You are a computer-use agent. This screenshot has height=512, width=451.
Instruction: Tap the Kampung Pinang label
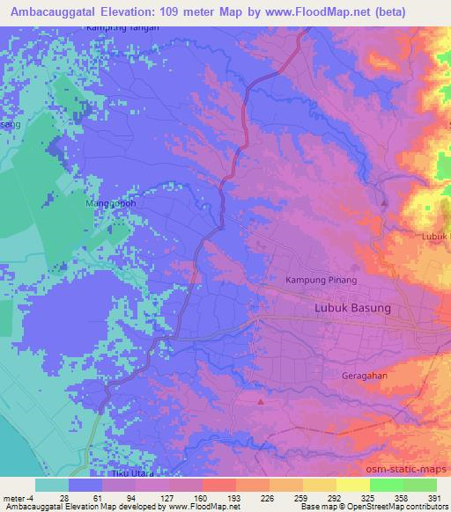tap(320, 281)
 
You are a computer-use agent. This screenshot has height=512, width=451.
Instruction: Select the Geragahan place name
tap(365, 375)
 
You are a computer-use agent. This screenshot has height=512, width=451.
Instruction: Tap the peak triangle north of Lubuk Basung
tap(385, 204)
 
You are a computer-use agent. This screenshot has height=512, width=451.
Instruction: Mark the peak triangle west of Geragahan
tap(261, 401)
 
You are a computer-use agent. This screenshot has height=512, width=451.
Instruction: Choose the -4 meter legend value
tap(24, 498)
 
